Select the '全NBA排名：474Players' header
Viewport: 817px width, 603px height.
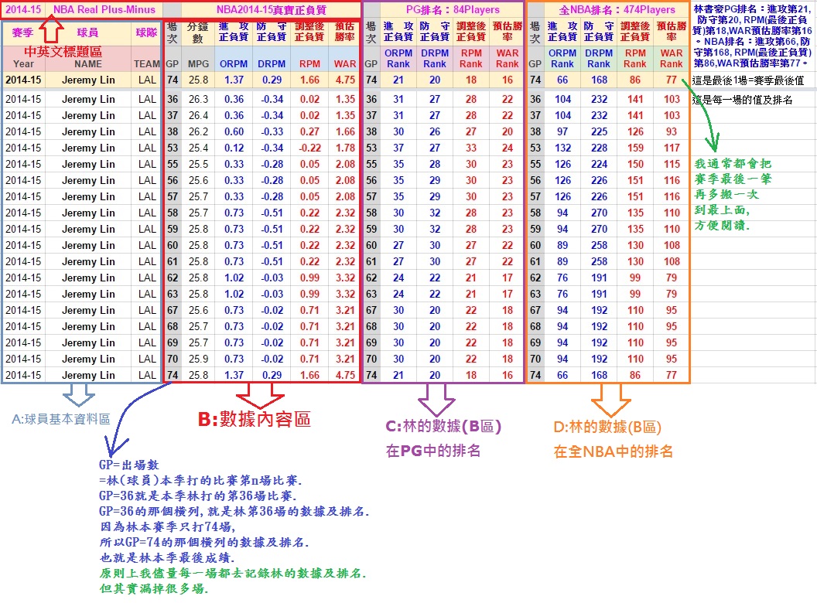click(x=617, y=10)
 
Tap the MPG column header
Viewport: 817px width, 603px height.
click(x=199, y=63)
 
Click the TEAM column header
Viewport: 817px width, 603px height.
click(x=146, y=63)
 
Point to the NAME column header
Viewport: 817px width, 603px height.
click(x=88, y=63)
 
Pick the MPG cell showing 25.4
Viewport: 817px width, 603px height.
click(x=199, y=148)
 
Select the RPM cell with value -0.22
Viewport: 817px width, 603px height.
click(x=309, y=148)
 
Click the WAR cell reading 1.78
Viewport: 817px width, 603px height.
click(x=345, y=148)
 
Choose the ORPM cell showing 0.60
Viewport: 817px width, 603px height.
click(x=234, y=131)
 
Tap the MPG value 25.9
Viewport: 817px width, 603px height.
click(x=199, y=359)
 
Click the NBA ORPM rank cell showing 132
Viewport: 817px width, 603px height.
click(x=562, y=148)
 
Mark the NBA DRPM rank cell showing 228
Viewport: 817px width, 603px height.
click(x=599, y=131)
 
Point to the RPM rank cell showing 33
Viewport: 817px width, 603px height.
click(x=470, y=148)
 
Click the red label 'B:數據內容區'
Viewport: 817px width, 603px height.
click(x=254, y=419)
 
